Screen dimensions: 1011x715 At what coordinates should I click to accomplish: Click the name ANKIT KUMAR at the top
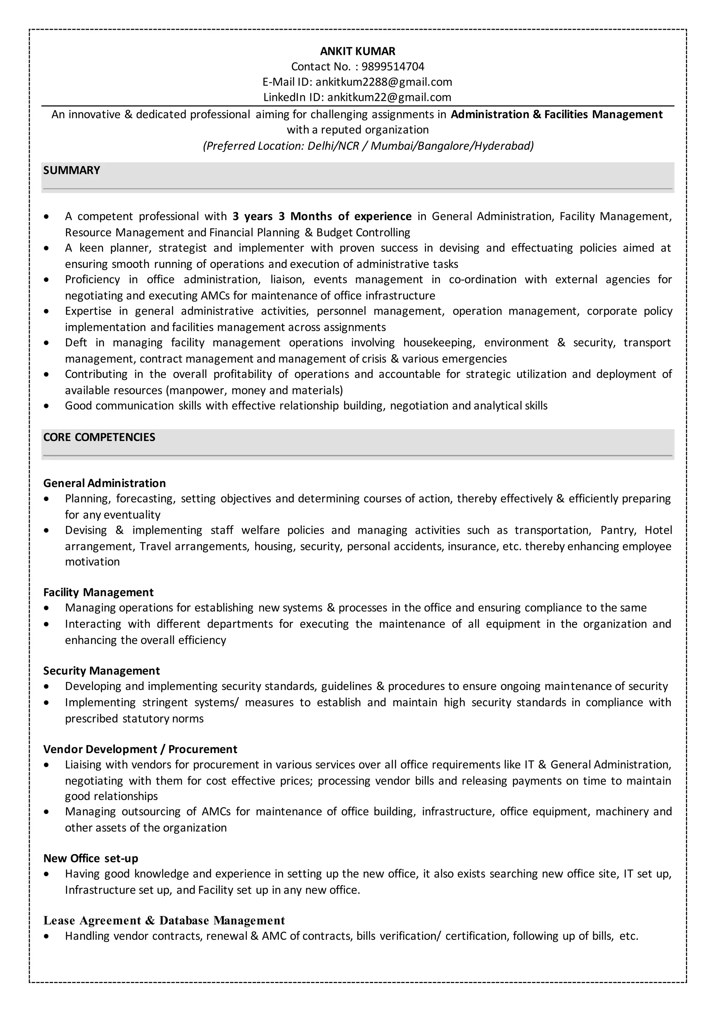(x=357, y=51)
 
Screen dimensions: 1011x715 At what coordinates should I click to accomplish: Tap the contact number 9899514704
(x=393, y=66)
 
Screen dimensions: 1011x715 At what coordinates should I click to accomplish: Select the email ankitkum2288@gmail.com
(x=383, y=82)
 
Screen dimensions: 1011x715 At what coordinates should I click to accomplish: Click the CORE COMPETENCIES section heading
(x=99, y=437)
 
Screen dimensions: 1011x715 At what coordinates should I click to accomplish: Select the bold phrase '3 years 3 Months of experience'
(x=322, y=216)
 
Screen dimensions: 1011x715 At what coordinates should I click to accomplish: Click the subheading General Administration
(x=104, y=483)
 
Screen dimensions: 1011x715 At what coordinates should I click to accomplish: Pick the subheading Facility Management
(x=98, y=592)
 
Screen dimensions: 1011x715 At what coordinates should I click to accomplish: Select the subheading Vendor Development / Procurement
(x=140, y=749)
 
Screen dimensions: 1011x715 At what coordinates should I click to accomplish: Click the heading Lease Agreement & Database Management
(x=164, y=921)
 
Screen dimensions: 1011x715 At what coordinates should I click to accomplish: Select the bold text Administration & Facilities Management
(x=556, y=115)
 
